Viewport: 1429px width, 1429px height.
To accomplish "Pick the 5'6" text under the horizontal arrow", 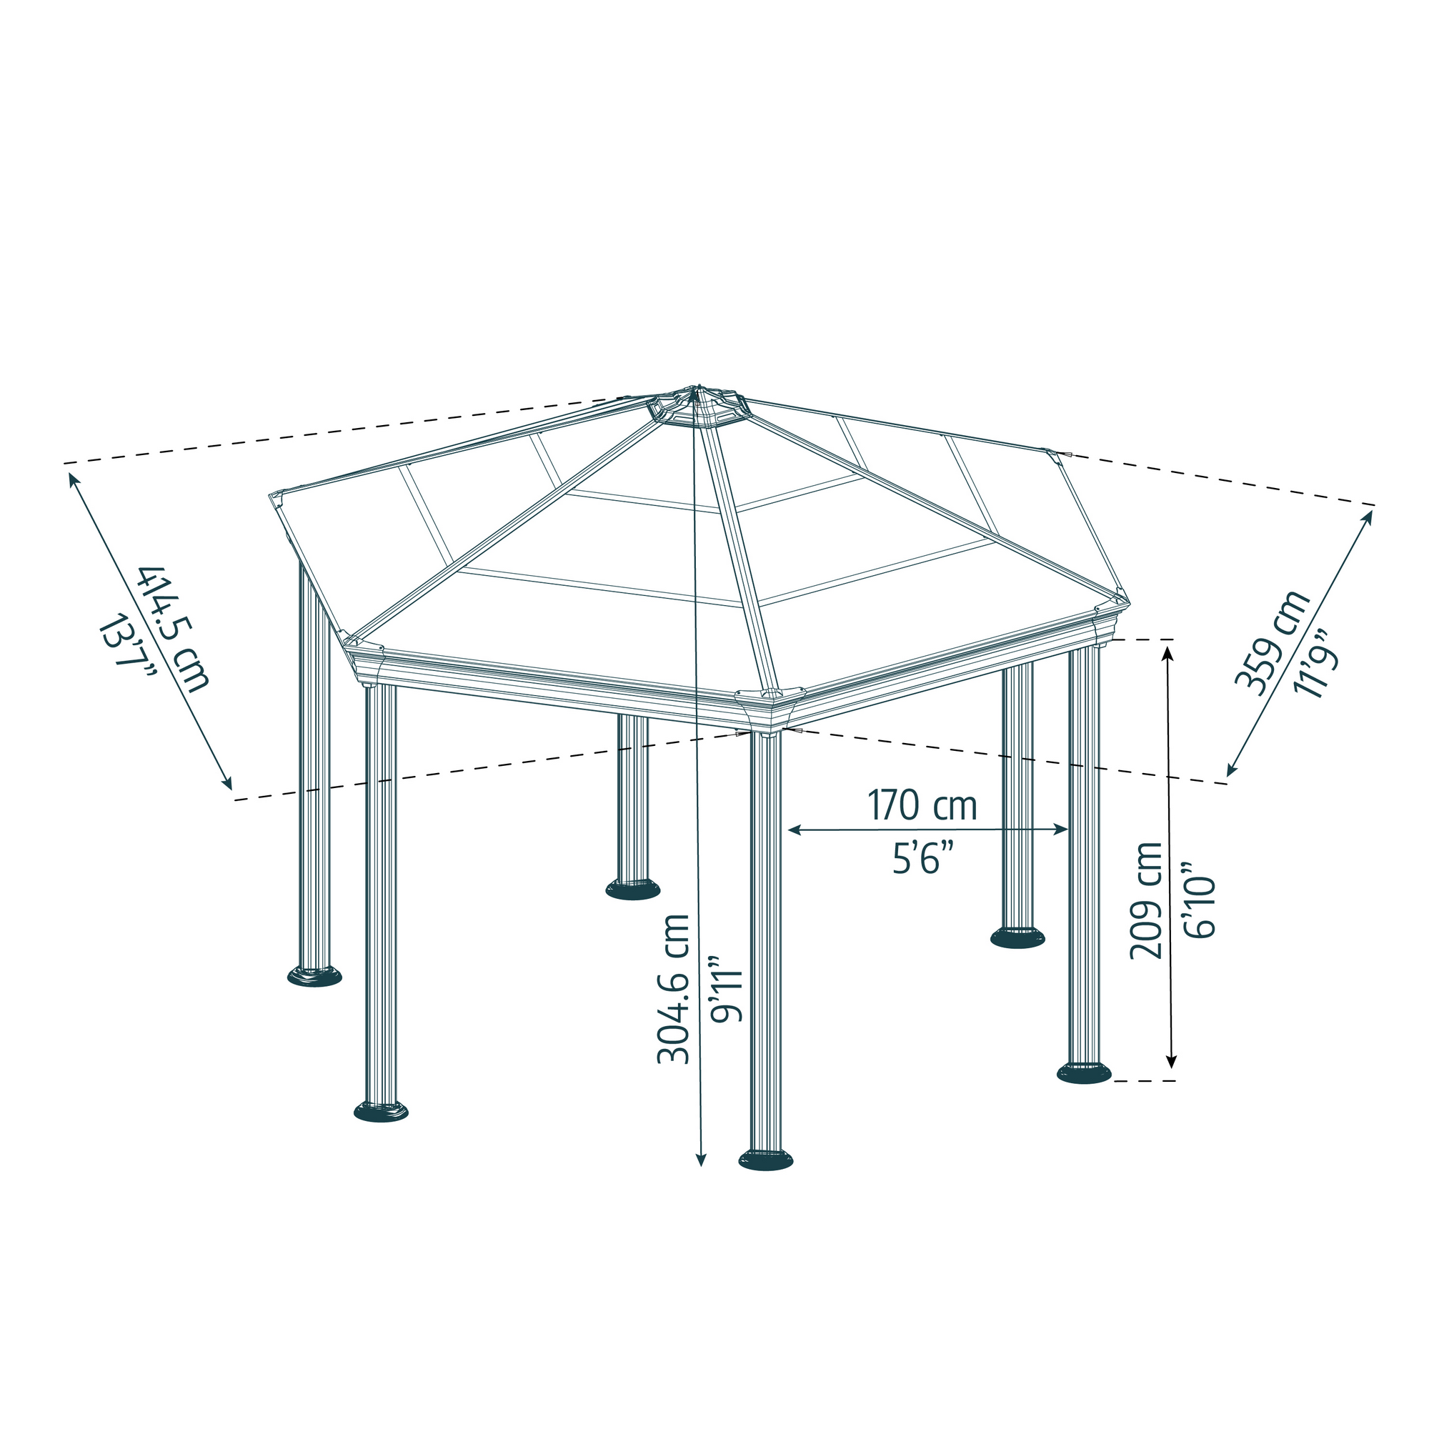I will (x=922, y=860).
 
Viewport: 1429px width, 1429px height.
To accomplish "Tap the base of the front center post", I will (x=765, y=1159).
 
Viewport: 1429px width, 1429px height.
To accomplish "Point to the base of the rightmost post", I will (x=1084, y=1072).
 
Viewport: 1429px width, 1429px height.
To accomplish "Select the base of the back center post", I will (x=632, y=889).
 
